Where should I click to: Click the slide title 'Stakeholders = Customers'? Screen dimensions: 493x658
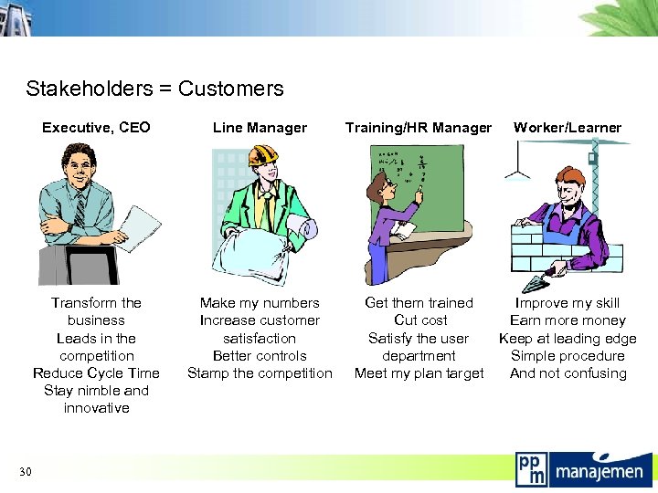tap(154, 89)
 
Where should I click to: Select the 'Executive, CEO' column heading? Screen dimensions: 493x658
tap(96, 128)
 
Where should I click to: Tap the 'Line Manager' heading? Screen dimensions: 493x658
tap(260, 128)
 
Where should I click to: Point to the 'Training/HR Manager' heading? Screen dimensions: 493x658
tap(419, 128)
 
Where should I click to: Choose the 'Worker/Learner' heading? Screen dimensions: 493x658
tap(567, 128)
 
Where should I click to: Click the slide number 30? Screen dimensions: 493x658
tap(26, 471)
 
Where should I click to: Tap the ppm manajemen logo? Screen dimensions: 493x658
tap(579, 469)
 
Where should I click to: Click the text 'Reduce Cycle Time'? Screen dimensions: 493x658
tap(96, 373)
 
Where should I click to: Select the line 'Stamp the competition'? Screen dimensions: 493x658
tap(260, 373)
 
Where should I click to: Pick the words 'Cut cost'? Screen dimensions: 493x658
tap(419, 320)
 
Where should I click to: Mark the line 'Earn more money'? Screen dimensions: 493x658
tap(568, 320)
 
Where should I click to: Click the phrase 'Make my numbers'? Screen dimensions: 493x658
tap(260, 303)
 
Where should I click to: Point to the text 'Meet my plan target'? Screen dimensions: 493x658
tap(419, 373)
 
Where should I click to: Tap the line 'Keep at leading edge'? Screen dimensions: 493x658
tap(568, 339)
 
